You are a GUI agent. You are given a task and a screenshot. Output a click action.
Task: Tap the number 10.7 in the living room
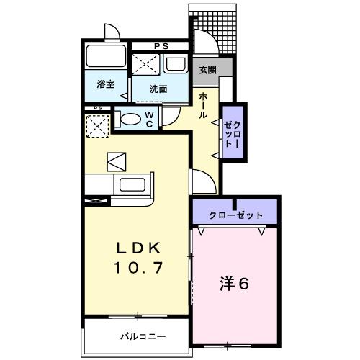coord(138,267)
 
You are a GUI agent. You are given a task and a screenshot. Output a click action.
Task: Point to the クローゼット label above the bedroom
coord(235,215)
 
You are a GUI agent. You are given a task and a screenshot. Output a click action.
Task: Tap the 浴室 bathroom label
coord(105,84)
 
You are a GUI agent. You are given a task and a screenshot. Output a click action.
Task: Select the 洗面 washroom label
coord(158,89)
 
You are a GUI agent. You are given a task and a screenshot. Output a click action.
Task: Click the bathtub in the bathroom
coord(107,58)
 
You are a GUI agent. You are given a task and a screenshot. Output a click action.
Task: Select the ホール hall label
coord(204,105)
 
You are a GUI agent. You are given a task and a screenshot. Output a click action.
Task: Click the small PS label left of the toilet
coord(96,109)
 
